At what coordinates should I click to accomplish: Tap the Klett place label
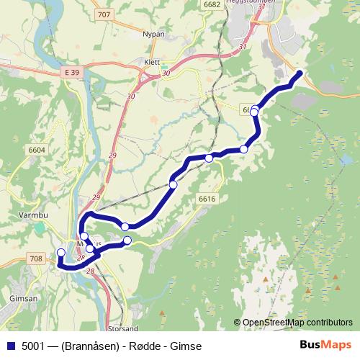153,63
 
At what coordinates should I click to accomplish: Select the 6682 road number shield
212,4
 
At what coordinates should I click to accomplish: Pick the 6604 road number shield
37,150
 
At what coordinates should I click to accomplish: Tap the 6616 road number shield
207,199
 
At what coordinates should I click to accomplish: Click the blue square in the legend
9,344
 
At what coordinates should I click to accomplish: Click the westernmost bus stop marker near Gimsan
60,253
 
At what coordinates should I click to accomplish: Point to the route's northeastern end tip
300,73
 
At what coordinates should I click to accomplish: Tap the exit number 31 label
241,47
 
